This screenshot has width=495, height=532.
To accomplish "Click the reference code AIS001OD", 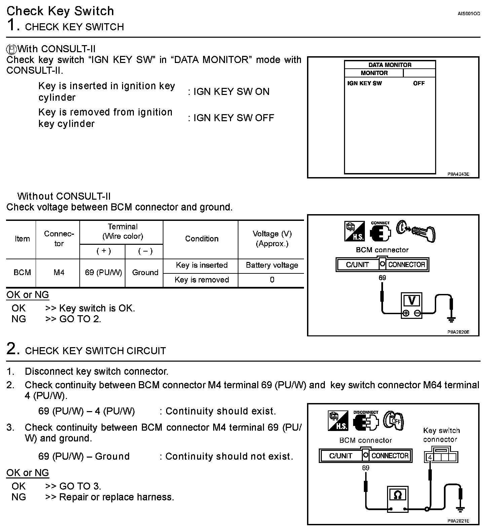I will pyautogui.click(x=469, y=14).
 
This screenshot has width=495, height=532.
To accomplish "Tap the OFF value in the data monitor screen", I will pyautogui.click(x=419, y=83).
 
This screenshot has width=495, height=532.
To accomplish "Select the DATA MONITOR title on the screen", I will pyautogui.click(x=390, y=65).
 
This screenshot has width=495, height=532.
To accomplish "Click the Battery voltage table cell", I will pyautogui.click(x=272, y=265).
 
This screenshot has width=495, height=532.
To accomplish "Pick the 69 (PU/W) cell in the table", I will pyautogui.click(x=103, y=272).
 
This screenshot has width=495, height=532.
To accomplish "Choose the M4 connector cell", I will pyautogui.click(x=59, y=272).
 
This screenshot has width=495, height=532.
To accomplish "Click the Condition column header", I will pyautogui.click(x=202, y=239).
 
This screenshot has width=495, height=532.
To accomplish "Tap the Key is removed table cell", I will pyautogui.click(x=201, y=280).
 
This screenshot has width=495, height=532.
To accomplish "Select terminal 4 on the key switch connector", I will pyautogui.click(x=430, y=458).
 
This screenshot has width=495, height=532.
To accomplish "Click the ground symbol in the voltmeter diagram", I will pyautogui.click(x=451, y=318).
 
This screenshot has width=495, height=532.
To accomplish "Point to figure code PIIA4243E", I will pyautogui.click(x=458, y=174).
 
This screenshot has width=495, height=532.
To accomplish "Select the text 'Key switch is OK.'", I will pyautogui.click(x=97, y=308).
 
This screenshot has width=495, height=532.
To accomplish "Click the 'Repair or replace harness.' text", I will pyautogui.click(x=116, y=497).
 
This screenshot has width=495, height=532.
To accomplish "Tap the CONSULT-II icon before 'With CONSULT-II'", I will pyautogui.click(x=11, y=49).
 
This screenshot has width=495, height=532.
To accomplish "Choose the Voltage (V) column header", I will pyautogui.click(x=272, y=239).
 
